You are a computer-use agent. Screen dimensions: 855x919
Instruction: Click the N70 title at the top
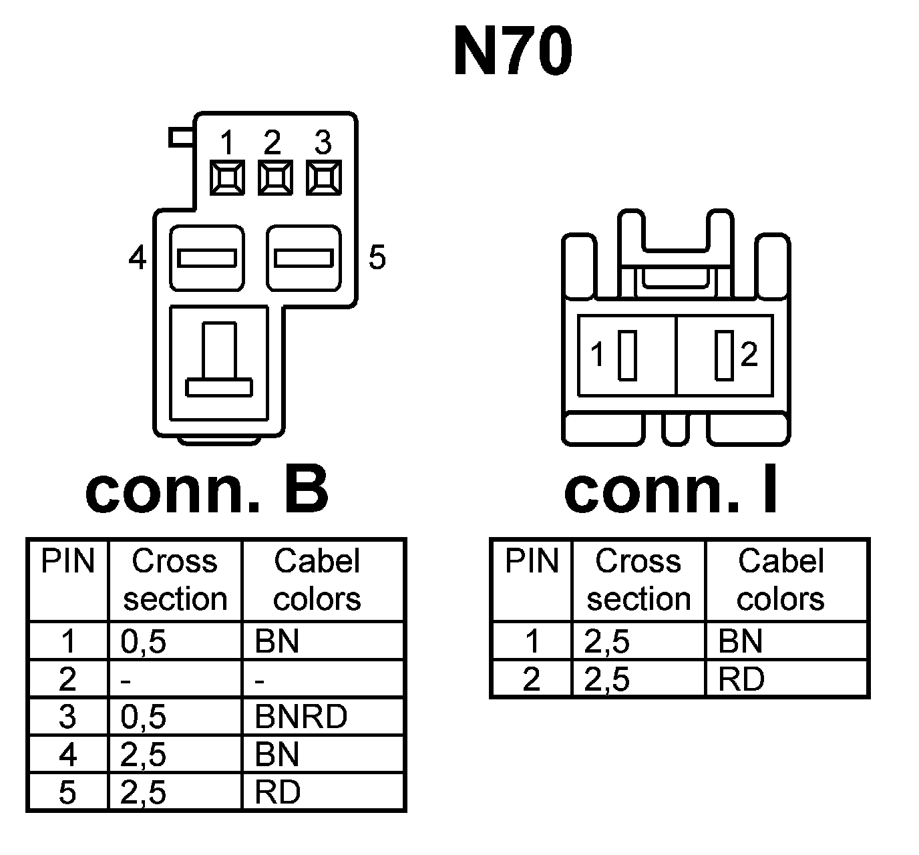click(x=512, y=52)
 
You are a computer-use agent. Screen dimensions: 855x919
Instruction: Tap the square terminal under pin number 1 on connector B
click(x=227, y=178)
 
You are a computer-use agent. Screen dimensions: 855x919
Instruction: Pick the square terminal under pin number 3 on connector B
click(x=324, y=178)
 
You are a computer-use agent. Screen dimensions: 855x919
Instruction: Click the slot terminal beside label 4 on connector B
click(x=206, y=258)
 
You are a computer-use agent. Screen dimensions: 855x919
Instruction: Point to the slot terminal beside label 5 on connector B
click(x=304, y=258)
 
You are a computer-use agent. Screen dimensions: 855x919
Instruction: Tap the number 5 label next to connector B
click(x=377, y=258)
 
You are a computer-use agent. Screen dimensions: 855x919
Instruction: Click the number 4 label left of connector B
click(x=137, y=258)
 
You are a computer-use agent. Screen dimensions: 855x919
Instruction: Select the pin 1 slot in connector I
click(x=626, y=355)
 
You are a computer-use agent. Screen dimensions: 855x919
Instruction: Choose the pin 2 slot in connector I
click(x=723, y=355)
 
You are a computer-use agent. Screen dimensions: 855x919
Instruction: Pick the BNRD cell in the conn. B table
click(x=301, y=717)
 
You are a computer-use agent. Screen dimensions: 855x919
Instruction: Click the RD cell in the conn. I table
click(x=741, y=679)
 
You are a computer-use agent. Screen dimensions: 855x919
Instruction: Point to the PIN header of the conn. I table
click(x=532, y=561)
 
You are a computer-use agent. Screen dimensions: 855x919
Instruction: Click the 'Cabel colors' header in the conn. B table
click(x=317, y=580)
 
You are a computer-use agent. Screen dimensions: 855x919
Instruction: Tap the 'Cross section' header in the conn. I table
click(x=638, y=580)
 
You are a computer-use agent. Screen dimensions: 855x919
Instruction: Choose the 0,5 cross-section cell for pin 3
click(x=144, y=717)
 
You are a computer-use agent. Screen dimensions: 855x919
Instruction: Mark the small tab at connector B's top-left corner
click(x=180, y=138)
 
